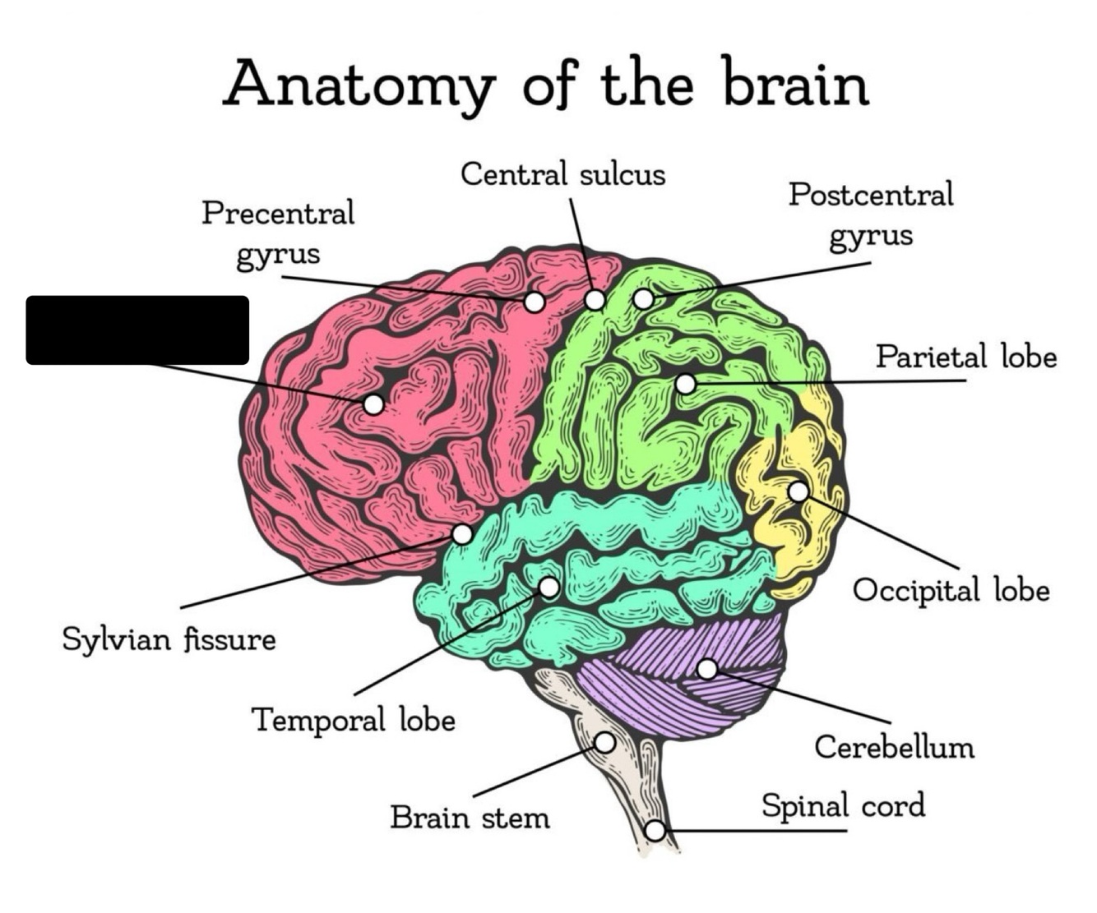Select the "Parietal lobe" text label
966,357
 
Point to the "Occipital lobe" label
951,591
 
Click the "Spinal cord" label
843,805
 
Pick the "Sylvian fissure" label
169,639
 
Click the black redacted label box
137,330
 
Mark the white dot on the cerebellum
707,668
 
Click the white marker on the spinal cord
655,831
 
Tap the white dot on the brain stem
604,742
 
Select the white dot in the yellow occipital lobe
798,491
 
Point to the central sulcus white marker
595,300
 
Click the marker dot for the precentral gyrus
535,302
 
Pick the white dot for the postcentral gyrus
643,299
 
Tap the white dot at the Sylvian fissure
462,534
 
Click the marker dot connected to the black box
373,404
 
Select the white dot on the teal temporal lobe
549,588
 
